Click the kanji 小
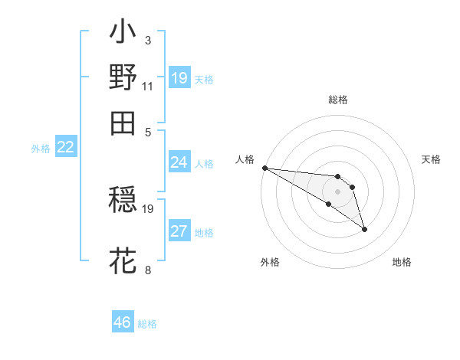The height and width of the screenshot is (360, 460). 123,35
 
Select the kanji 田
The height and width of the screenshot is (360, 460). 123,123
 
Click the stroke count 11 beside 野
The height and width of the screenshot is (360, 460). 147,86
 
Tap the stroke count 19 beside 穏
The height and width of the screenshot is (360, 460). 148,208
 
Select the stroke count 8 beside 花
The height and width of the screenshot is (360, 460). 147,270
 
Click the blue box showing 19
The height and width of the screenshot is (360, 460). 179,78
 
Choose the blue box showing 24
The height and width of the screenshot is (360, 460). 179,162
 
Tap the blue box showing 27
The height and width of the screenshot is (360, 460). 179,232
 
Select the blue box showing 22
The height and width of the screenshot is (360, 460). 65,148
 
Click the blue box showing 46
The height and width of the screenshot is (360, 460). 123,322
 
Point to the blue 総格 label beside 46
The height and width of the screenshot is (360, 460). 147,324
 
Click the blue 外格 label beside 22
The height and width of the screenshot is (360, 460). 41,149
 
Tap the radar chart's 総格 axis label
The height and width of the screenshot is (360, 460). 337,100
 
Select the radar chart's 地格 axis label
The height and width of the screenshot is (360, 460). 402,262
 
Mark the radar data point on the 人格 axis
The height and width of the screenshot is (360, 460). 264,168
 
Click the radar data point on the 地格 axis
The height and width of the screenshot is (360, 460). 364,228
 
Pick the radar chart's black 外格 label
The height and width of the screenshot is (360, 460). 270,262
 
